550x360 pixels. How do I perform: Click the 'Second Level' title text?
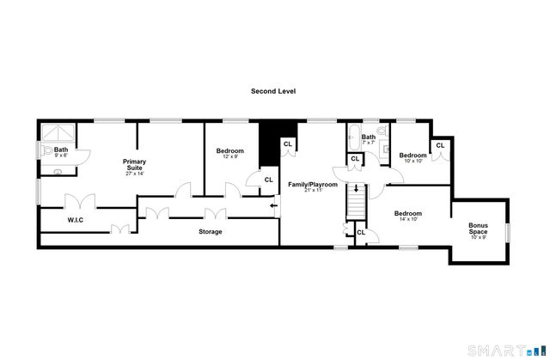point(273,90)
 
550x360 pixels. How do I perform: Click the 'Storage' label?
point(211,232)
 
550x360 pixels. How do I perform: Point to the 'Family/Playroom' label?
point(313,184)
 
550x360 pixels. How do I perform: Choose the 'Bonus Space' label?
point(478,230)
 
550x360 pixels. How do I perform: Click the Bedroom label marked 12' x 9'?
point(229,153)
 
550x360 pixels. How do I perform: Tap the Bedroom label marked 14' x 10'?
point(408,216)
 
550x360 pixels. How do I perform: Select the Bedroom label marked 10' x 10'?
point(412,157)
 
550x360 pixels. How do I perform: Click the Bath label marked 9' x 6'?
point(61,152)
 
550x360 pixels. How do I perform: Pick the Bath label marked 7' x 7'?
point(369,139)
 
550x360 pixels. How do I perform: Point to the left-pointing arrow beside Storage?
point(273,205)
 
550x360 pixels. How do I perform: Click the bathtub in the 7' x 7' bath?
point(353,137)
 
